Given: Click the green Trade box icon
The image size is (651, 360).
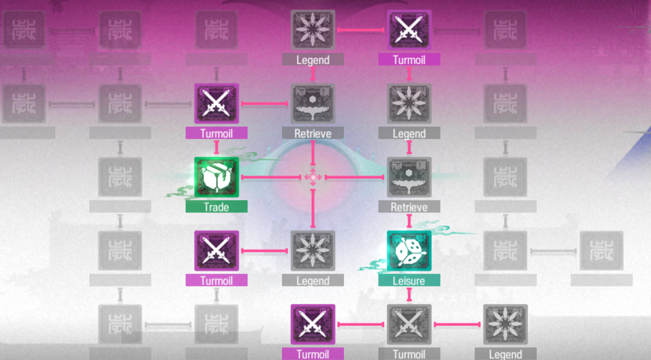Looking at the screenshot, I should pos(216,177).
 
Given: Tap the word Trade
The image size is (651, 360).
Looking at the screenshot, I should pos(216,207).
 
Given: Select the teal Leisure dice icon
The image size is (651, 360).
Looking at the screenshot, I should pos(409,251).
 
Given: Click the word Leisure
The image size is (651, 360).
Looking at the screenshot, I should pos(409,281).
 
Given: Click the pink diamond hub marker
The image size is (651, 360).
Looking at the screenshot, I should pos(312,177).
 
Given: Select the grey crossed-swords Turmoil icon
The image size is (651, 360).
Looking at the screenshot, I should pos(409,324).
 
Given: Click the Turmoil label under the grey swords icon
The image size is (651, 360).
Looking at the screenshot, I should pos(409,354).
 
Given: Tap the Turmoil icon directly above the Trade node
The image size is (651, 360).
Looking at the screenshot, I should pos(216,103).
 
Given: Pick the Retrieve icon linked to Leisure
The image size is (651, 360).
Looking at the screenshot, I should pos(409,177).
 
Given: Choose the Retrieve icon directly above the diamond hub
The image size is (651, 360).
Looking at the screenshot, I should pos(312,103).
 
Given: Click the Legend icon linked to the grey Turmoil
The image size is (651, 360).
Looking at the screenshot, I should pos(505,324).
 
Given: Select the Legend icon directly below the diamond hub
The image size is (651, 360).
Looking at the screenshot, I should pos(312,251).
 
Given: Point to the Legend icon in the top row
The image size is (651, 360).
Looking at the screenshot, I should pos(312,30).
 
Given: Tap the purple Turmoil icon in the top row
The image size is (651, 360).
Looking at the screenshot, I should pos(409,30).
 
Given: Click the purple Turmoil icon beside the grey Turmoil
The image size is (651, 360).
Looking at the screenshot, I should pos(312,324).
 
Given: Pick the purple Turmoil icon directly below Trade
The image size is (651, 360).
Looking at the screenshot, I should pos(216,251).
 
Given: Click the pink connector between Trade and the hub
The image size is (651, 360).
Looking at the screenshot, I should pos(270,177).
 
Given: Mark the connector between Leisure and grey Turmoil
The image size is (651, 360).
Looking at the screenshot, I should pos(409,294).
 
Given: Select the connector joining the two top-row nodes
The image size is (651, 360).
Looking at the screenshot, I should pos(361,30).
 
